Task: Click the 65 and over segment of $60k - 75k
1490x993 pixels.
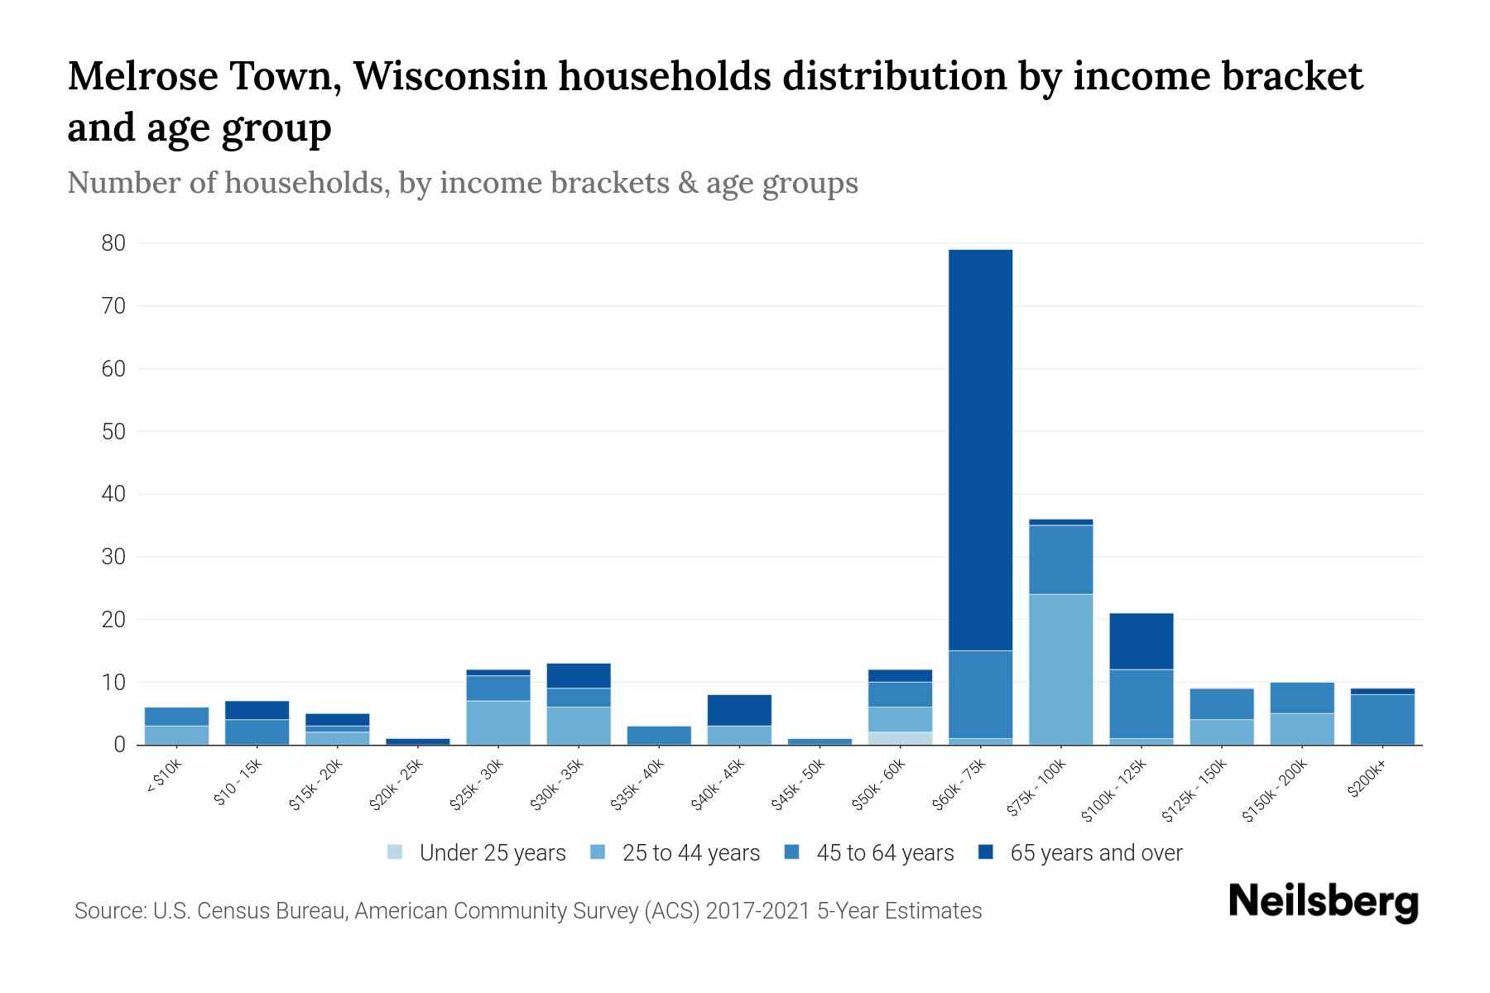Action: (980, 449)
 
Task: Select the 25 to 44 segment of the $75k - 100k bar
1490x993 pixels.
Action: (1060, 669)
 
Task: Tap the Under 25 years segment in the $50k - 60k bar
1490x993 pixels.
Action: (900, 738)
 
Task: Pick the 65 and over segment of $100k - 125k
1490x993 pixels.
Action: (1141, 641)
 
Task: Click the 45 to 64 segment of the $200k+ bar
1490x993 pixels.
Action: (1382, 719)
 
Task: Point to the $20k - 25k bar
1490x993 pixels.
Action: (418, 741)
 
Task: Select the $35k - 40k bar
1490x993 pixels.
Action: (659, 735)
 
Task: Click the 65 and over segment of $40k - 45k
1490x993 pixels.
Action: (739, 710)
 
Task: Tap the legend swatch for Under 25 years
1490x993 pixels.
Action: (396, 852)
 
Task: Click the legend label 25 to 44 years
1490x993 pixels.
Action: (690, 853)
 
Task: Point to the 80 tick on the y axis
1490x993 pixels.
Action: (114, 243)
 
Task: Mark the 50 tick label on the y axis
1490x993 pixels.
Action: (114, 431)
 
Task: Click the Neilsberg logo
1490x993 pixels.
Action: (1323, 902)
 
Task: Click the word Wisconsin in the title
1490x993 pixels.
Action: (451, 76)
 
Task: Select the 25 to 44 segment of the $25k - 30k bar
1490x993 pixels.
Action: (498, 722)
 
